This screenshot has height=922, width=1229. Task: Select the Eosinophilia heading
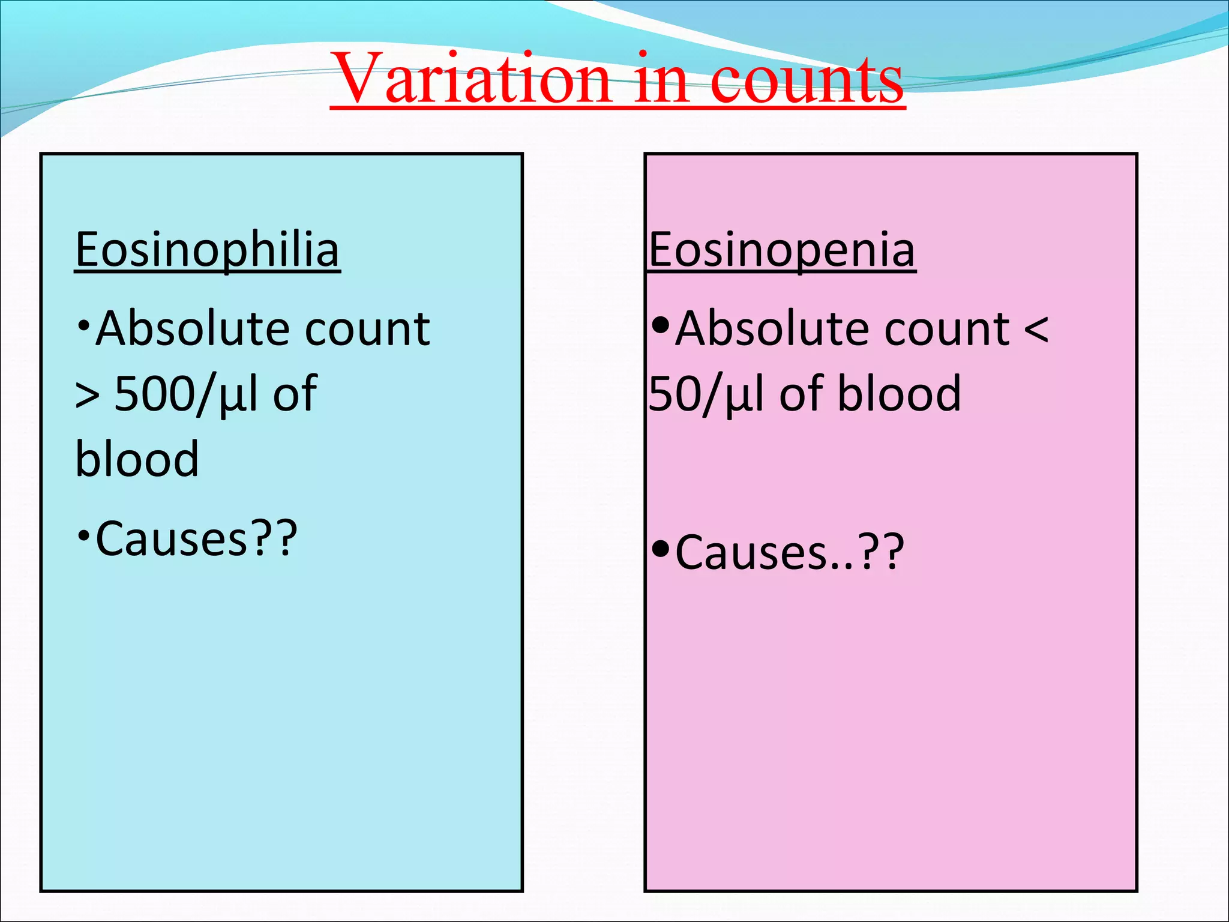click(207, 250)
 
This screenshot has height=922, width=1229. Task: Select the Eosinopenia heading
click(782, 250)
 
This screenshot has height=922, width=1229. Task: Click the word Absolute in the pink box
click(774, 329)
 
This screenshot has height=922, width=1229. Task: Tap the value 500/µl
click(186, 395)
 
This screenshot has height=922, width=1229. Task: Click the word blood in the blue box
click(137, 459)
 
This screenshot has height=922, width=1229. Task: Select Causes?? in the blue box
click(196, 538)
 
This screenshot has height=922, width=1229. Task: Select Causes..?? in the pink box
click(789, 552)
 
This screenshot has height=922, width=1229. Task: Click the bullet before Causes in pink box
click(660, 549)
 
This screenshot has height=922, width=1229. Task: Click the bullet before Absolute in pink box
click(660, 326)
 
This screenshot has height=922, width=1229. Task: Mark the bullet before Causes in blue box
click(83, 534)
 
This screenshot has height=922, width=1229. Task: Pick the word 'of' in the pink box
click(801, 394)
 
